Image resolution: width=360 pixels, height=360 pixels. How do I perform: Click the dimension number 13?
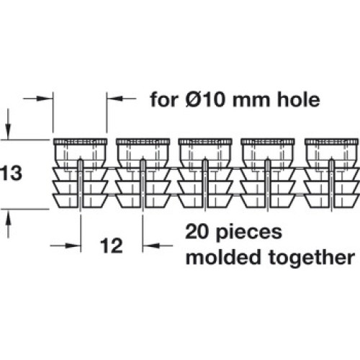click(11, 174)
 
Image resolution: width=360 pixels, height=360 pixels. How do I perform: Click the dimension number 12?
click(112, 246)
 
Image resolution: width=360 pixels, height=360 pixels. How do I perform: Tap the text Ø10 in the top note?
click(205, 99)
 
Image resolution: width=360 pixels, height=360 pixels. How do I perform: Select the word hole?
click(298, 99)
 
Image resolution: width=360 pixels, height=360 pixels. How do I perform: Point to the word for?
click(164, 99)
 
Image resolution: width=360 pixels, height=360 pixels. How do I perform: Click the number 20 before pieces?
click(197, 232)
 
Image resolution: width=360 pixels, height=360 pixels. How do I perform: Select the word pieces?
click(249, 233)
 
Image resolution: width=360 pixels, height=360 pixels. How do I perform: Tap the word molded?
click(223, 256)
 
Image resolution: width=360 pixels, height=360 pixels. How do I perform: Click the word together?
click(312, 258)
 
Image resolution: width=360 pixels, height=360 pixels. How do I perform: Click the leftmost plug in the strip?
click(81, 174)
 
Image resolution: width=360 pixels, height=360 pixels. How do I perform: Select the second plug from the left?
click(143, 174)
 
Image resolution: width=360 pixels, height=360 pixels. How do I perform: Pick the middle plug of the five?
click(205, 174)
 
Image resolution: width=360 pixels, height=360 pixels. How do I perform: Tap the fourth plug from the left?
click(268, 174)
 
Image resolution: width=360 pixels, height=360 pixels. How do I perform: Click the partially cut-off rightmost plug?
click(332, 174)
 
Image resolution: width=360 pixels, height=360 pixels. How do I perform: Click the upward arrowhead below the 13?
click(9, 217)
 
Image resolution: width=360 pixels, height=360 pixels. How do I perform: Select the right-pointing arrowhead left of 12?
click(73, 246)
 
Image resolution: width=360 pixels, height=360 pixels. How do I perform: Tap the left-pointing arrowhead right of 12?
click(150, 246)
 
